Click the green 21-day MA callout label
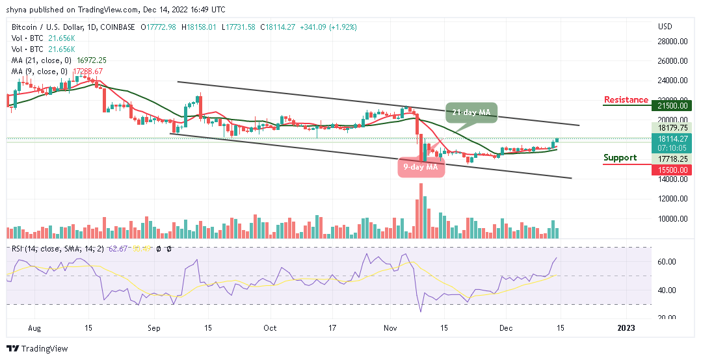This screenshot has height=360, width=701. click(471, 113)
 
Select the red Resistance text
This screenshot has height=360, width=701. click(626, 100)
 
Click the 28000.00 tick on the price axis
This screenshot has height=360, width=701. click(674, 42)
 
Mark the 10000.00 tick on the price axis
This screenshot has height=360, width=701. click(674, 219)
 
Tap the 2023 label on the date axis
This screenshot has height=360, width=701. click(626, 329)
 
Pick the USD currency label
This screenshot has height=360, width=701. click(665, 27)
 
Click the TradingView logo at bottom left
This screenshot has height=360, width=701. click(37, 349)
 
